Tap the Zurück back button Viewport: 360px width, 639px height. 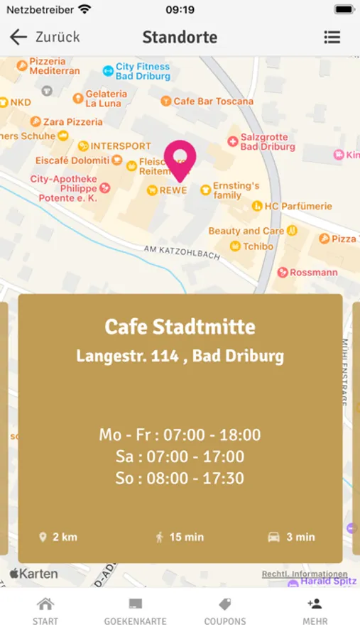click(x=44, y=37)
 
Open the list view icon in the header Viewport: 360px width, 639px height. click(x=332, y=37)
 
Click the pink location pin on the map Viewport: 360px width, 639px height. click(x=180, y=159)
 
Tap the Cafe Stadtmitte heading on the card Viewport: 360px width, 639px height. click(x=180, y=327)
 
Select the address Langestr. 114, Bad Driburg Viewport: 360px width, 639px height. click(x=180, y=356)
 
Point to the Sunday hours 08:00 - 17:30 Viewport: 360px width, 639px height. click(x=180, y=479)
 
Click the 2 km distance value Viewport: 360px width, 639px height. click(x=65, y=537)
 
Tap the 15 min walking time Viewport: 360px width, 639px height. click(x=185, y=537)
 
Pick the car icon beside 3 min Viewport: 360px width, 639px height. click(x=273, y=537)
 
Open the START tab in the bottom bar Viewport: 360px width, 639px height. click(x=45, y=611)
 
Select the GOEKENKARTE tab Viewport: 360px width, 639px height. click(x=135, y=611)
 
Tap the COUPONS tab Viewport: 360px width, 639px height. click(x=225, y=611)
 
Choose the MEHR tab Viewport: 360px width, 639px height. click(x=315, y=611)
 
